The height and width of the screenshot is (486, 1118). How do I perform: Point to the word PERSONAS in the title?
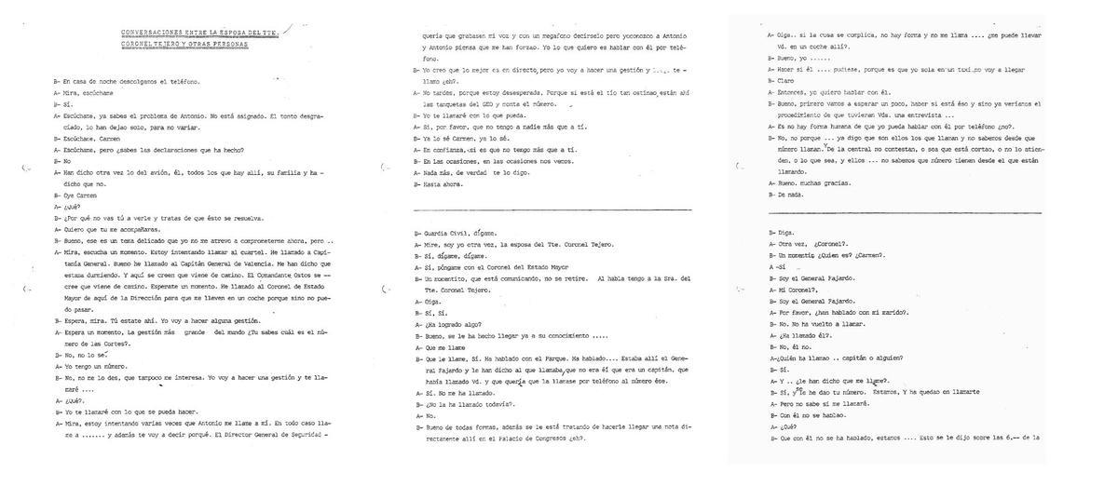231,44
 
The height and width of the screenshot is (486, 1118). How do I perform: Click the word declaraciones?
178,150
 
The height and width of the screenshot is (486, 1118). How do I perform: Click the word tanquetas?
443,104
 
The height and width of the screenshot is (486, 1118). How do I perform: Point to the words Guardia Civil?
443,233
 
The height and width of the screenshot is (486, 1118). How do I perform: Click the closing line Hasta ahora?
441,183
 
